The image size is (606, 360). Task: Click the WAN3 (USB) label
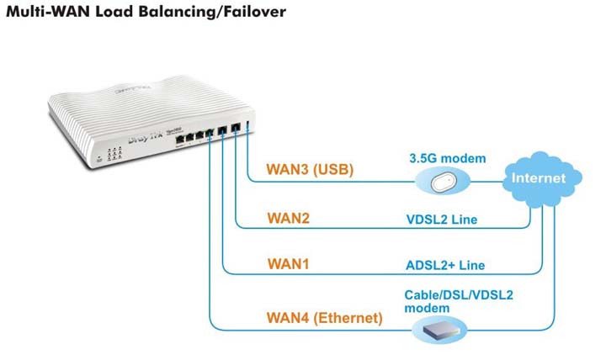pos(310,169)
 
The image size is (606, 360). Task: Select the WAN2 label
pos(289,218)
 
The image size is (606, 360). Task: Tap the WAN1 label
pos(289,264)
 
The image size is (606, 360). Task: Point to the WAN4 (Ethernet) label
pos(324,318)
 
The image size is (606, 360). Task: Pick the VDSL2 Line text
pos(441,220)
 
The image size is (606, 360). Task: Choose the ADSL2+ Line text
pos(445,266)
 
